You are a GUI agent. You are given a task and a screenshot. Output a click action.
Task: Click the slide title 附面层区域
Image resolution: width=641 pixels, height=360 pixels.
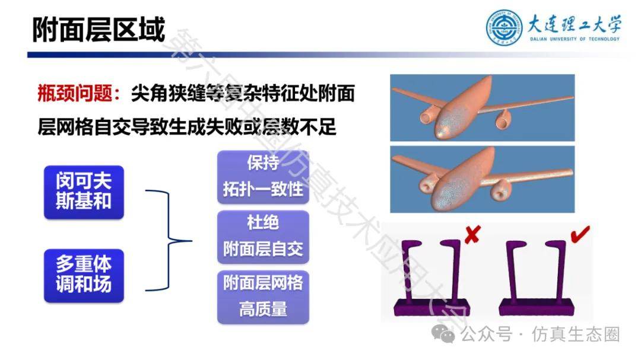(99, 30)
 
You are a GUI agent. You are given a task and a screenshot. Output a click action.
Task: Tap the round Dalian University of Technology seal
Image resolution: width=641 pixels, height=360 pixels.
(504, 27)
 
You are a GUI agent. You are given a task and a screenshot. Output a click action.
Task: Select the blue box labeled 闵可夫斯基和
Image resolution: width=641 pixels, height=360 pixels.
(84, 192)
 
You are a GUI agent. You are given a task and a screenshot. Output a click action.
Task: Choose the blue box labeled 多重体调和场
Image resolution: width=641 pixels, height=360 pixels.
(84, 275)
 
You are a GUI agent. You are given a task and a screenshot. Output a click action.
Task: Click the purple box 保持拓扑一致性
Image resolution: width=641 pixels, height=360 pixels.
(263, 177)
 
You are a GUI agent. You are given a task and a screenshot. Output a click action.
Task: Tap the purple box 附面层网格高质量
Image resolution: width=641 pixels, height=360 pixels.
(263, 297)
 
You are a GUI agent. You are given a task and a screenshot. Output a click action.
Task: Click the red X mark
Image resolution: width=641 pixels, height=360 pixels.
(472, 234)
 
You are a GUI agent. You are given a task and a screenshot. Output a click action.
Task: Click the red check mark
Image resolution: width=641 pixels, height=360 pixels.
(580, 234)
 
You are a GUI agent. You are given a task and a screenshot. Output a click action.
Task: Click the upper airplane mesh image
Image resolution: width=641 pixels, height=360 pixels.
(483, 108)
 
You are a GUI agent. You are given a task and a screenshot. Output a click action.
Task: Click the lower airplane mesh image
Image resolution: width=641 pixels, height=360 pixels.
(483, 179)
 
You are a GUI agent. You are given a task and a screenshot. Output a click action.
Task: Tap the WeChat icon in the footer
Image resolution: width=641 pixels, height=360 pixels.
(443, 334)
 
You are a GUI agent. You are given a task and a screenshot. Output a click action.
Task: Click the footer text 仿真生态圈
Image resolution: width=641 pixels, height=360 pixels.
(576, 334)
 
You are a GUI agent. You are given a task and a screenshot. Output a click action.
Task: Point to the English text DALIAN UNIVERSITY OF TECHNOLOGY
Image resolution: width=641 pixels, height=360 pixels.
(575, 39)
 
